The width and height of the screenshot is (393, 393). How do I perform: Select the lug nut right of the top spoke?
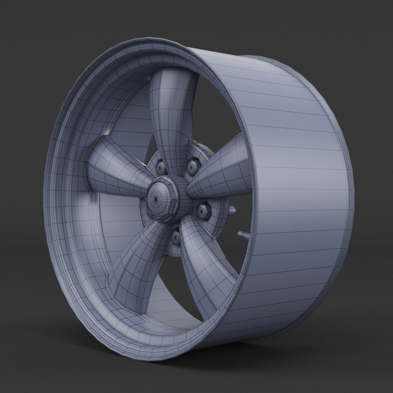pyautogui.click(x=191, y=167)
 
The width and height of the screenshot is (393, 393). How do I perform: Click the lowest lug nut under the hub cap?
pyautogui.click(x=176, y=237)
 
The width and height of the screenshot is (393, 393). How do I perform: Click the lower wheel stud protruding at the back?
pyautogui.click(x=242, y=234)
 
